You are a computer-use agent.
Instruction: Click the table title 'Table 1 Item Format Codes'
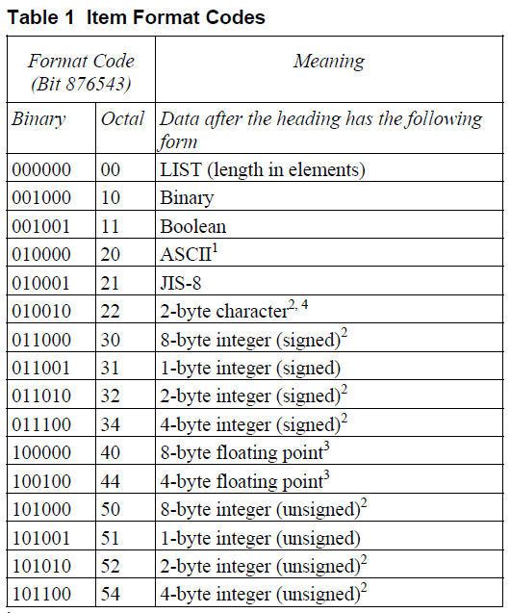(136, 17)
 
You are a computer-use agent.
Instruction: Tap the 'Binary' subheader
(39, 119)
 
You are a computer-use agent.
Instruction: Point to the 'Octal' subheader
(122, 119)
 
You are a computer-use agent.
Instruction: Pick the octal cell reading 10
(114, 198)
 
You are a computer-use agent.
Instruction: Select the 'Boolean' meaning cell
(193, 227)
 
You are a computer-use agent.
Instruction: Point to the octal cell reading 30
(114, 340)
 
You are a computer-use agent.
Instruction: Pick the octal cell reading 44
(114, 481)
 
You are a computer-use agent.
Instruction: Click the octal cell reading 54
(114, 595)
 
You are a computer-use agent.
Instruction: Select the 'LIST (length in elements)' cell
(263, 170)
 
